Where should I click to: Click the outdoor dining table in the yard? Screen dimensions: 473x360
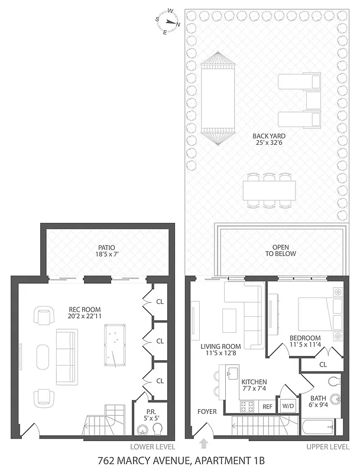[269, 190]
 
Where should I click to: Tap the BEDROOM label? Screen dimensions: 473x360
[304, 338]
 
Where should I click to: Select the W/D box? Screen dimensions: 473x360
[288, 406]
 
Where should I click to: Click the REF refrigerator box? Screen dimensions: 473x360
[267, 407]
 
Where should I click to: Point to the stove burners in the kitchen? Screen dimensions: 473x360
[246, 406]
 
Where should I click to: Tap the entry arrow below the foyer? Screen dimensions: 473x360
[205, 443]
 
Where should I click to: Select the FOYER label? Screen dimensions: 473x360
[207, 411]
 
